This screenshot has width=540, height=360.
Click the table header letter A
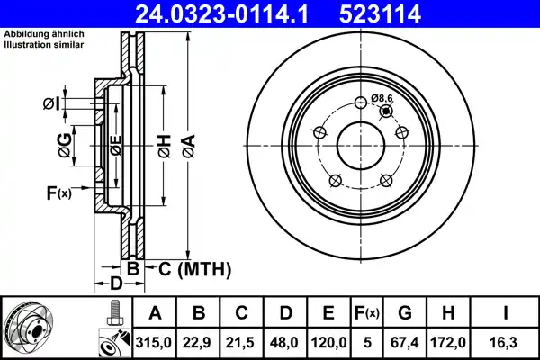click(x=155, y=313)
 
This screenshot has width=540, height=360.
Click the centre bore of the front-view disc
click(x=360, y=144)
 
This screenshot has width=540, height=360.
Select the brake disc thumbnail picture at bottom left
click(x=28, y=328)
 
